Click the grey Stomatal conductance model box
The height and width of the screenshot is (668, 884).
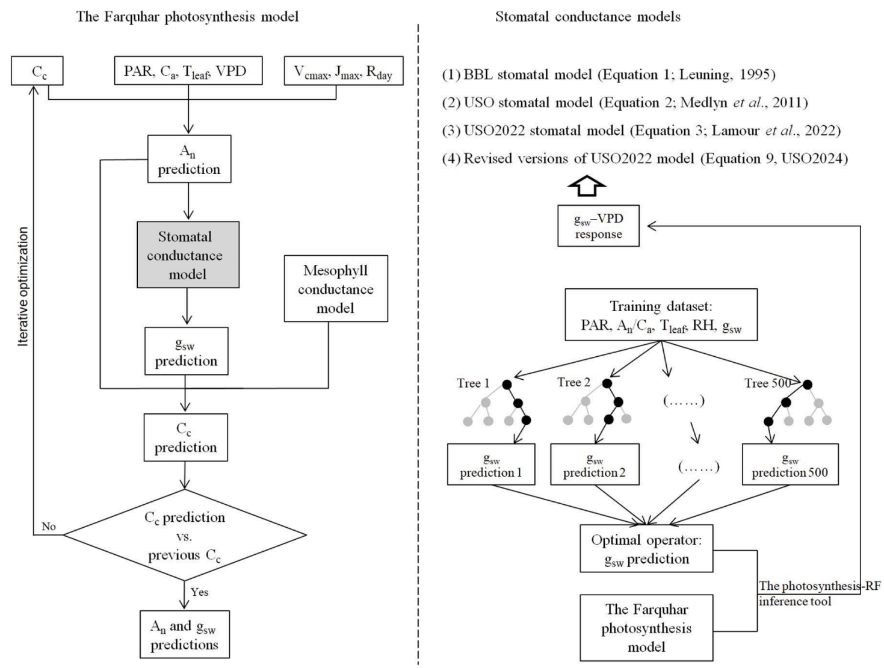point(188,255)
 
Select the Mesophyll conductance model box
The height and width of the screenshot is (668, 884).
point(335,289)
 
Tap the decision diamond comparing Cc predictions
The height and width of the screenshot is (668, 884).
point(185,535)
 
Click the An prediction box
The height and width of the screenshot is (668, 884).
point(189,159)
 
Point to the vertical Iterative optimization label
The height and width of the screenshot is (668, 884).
point(23,286)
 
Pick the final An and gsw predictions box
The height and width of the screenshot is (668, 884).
point(184,635)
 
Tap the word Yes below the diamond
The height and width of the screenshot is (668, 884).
point(199,592)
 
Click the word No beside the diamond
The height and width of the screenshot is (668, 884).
point(49,527)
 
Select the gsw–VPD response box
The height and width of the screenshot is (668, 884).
point(598,226)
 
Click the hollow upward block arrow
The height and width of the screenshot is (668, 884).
point(587,187)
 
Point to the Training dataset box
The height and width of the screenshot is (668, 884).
point(661,315)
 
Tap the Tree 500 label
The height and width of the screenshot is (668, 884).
point(767,383)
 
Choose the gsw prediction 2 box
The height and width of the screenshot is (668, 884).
point(595,465)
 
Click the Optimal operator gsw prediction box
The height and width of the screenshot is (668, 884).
point(646,549)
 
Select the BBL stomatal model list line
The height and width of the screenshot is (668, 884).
point(608,75)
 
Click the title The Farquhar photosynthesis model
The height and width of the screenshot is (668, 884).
point(187,16)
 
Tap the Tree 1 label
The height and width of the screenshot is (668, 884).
point(473,383)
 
